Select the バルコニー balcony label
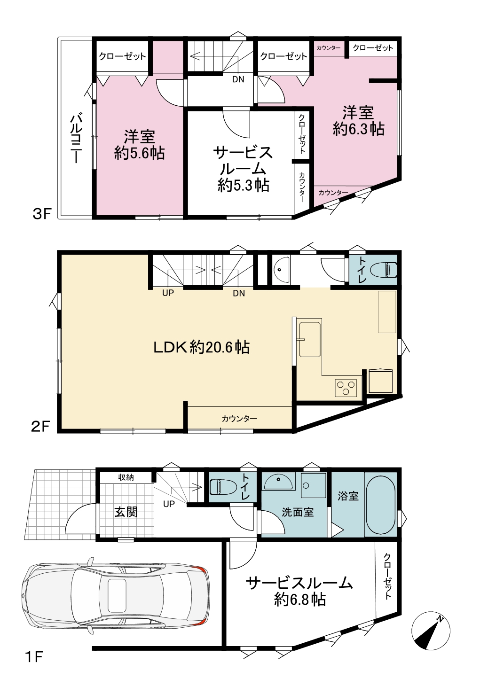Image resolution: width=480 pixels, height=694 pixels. tap(75, 139)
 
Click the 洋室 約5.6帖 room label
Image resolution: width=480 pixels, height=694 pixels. tap(139, 145)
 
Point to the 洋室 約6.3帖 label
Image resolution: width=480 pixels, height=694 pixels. tap(358, 121)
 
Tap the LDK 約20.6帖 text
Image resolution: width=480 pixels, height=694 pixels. tap(202, 347)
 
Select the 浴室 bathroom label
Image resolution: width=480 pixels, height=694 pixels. tap(348, 496)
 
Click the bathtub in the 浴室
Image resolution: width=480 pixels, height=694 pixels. tap(381, 504)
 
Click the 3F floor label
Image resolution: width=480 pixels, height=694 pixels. tap(41, 214)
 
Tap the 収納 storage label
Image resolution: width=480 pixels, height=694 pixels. tap(126, 477)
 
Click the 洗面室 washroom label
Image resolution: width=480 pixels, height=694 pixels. tap(298, 512)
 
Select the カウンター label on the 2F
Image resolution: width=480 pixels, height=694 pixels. tap(239, 419)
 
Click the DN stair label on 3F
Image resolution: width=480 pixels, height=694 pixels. tap(238, 79)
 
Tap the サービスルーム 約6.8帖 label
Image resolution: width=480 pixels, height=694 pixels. tap(299, 592)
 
